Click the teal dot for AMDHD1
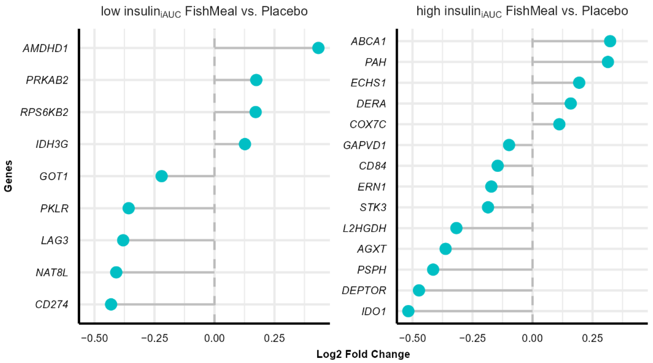318,48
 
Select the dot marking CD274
111,304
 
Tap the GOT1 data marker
161,176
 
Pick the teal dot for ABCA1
610,41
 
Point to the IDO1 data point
408,311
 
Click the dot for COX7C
559,124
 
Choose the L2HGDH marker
456,228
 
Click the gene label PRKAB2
47,80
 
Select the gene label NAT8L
52,273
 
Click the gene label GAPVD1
364,145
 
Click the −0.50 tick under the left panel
94,338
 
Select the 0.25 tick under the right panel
592,338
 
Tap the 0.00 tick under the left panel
215,338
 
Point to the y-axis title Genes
8,176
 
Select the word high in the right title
428,11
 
